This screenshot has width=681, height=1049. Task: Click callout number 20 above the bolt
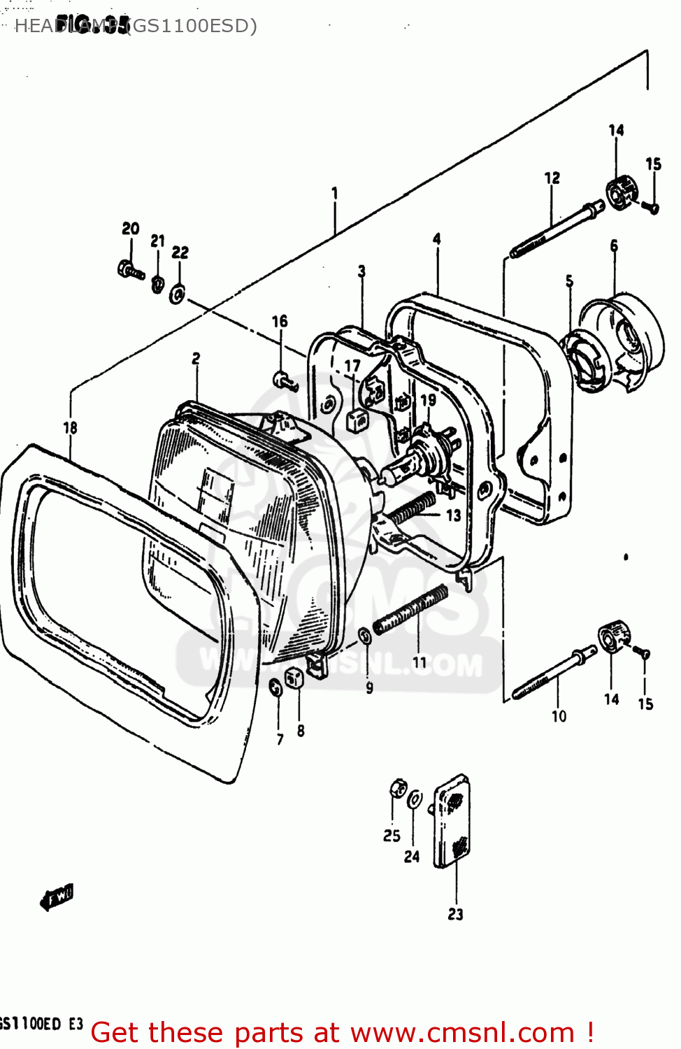click(x=131, y=229)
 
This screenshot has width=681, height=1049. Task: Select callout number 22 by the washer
click(x=180, y=252)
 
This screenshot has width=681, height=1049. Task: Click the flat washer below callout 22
click(x=178, y=294)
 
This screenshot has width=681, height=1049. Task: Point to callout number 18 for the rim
click(x=70, y=427)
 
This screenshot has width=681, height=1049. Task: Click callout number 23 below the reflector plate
click(x=455, y=914)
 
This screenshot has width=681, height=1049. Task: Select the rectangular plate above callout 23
click(x=452, y=821)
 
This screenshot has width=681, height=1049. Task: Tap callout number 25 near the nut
click(x=392, y=836)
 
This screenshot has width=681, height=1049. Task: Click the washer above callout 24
click(x=415, y=799)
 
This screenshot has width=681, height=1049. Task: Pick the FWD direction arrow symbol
click(x=57, y=897)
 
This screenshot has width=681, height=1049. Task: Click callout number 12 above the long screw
click(x=552, y=178)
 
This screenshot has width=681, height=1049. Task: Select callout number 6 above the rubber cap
click(x=614, y=245)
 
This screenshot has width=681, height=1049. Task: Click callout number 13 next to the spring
click(x=454, y=515)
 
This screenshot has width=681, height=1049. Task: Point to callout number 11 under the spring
click(x=420, y=662)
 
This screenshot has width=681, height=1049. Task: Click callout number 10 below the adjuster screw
click(x=559, y=716)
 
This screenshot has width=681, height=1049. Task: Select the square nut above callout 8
click(x=294, y=677)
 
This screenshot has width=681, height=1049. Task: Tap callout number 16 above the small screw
click(x=280, y=321)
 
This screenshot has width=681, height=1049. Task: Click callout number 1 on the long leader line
click(x=334, y=193)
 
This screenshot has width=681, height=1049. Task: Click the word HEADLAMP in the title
click(x=66, y=27)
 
